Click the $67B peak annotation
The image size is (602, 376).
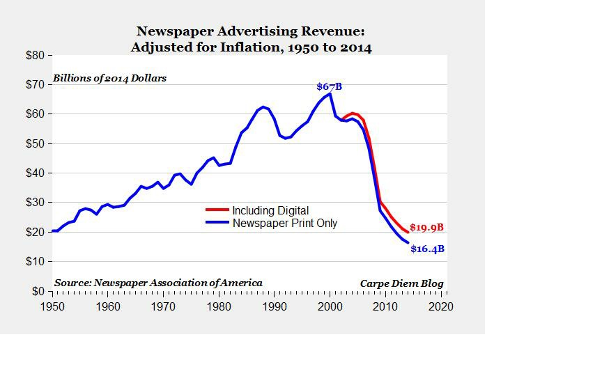(329, 86)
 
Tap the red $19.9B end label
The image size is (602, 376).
(426, 227)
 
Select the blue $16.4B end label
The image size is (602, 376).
(427, 249)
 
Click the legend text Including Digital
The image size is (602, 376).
(270, 210)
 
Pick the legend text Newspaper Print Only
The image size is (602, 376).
(284, 224)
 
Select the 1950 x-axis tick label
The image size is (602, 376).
(52, 306)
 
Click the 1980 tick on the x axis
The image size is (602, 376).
(219, 306)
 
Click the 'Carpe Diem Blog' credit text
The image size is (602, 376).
(401, 283)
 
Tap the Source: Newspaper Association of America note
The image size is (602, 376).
(158, 283)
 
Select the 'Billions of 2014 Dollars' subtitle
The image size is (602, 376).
(109, 78)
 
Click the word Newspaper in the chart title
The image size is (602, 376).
(170, 31)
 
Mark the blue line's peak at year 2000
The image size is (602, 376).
(330, 93)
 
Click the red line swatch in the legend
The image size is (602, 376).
(217, 210)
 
